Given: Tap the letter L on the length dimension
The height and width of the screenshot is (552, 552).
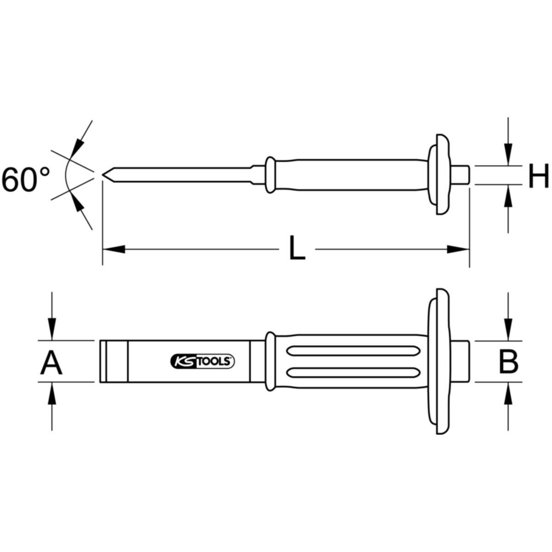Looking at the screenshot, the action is coord(297,247).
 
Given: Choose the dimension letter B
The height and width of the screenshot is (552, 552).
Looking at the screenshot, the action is coord(508,362).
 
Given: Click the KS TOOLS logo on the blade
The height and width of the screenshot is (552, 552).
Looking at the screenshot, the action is coord(202,361).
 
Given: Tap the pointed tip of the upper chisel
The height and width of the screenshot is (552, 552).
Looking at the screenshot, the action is coord(103,174).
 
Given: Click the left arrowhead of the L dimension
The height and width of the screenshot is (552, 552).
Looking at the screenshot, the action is coord(114,249).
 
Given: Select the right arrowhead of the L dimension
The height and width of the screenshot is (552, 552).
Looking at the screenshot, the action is coord(458,249).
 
